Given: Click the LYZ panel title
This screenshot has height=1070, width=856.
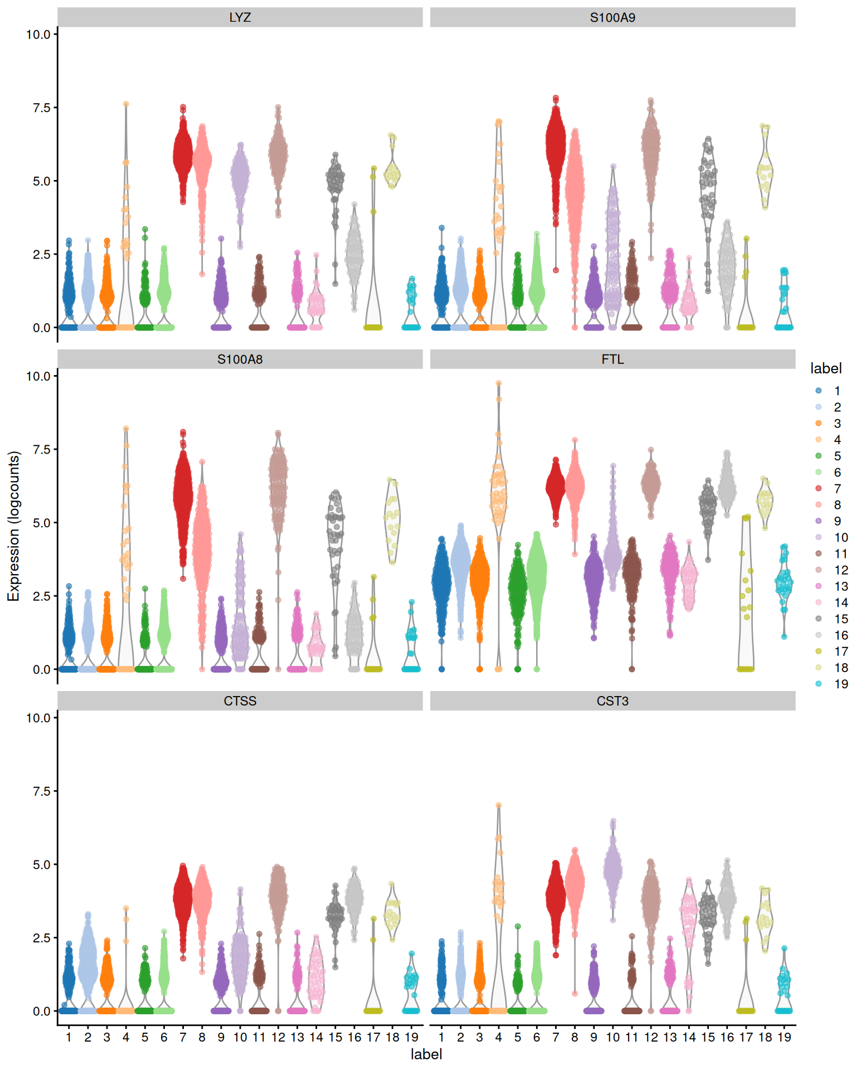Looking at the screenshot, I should pos(240,17).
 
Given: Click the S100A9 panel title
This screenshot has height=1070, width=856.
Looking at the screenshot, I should pos(612,17).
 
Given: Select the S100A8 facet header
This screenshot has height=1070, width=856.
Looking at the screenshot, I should pos(240,359).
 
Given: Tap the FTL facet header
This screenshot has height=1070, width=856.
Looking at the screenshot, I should pos(612,359).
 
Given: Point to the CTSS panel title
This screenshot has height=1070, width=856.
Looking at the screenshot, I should pos(240,701).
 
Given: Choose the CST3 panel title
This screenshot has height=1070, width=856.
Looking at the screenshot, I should pos(612,701).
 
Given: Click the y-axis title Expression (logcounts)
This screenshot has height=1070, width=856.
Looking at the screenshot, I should pos(13,526).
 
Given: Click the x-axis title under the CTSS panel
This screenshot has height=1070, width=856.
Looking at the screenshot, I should pos(426,1054).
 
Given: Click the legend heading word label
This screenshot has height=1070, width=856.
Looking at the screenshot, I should pos(825,368).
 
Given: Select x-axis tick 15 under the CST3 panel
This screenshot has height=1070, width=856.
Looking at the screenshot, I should pos(708,1038).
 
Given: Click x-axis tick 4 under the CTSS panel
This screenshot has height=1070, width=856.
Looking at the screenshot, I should pos(126,1038).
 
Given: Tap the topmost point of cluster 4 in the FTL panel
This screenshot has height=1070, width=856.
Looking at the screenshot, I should pos(499,383).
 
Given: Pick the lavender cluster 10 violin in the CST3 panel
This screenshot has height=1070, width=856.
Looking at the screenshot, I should pos(612,869).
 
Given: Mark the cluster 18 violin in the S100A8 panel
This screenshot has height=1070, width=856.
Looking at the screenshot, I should pos(392,521).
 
